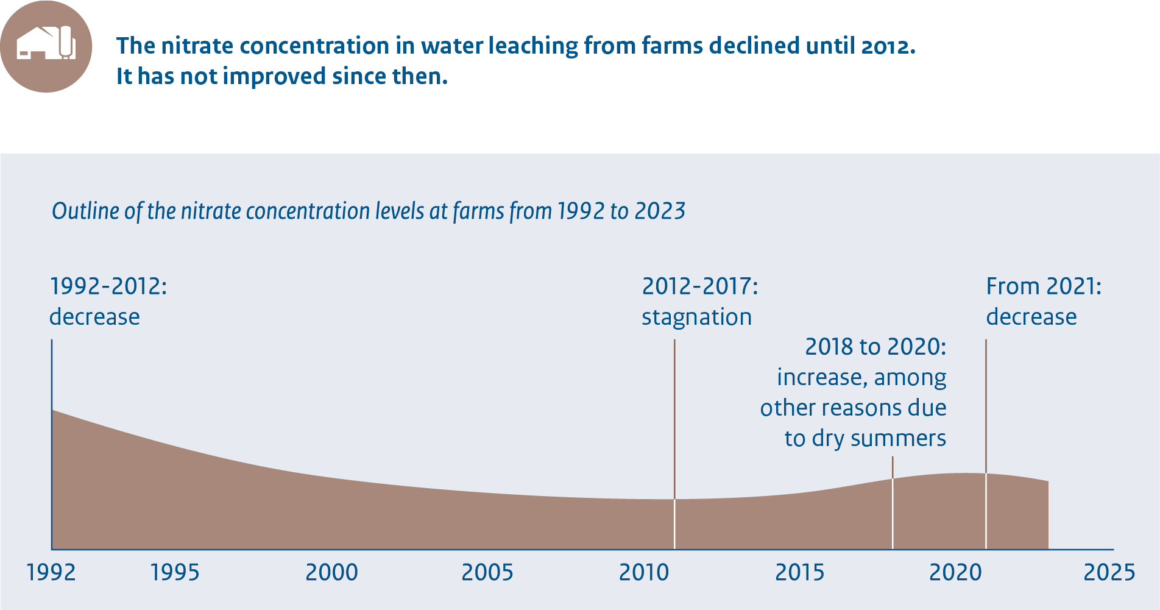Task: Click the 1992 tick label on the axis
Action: [52, 572]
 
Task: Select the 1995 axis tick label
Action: [175, 572]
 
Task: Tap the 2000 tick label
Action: [331, 572]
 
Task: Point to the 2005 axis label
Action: [487, 572]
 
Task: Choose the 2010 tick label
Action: [644, 572]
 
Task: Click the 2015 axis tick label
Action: [800, 572]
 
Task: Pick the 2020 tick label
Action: [956, 572]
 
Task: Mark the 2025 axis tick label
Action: [1109, 572]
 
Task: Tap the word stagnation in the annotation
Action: [696, 317]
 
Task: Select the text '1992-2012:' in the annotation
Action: [108, 286]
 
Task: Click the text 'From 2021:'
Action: [1044, 286]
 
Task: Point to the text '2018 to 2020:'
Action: [875, 347]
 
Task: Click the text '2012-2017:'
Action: [700, 286]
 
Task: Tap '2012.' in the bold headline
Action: [888, 46]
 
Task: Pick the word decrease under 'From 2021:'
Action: [1031, 317]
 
